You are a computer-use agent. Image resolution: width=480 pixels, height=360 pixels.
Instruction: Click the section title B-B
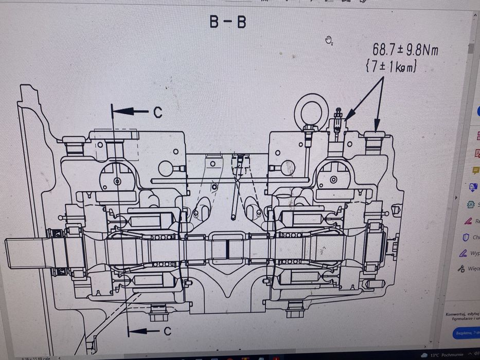pyautogui.click(x=227, y=22)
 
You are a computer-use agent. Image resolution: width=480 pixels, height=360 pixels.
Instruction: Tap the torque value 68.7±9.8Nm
pyautogui.click(x=405, y=50)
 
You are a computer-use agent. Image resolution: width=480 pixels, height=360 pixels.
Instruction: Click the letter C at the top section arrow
pyautogui.click(x=157, y=113)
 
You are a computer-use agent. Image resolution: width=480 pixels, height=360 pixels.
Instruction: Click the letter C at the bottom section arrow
pyautogui.click(x=167, y=332)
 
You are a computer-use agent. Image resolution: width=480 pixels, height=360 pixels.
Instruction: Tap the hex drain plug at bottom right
pyautogui.click(x=294, y=310)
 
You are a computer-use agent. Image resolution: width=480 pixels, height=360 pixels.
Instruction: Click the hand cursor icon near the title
pyautogui.click(x=329, y=40)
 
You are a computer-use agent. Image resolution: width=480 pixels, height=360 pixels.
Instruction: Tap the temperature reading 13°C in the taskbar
pyautogui.click(x=435, y=355)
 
